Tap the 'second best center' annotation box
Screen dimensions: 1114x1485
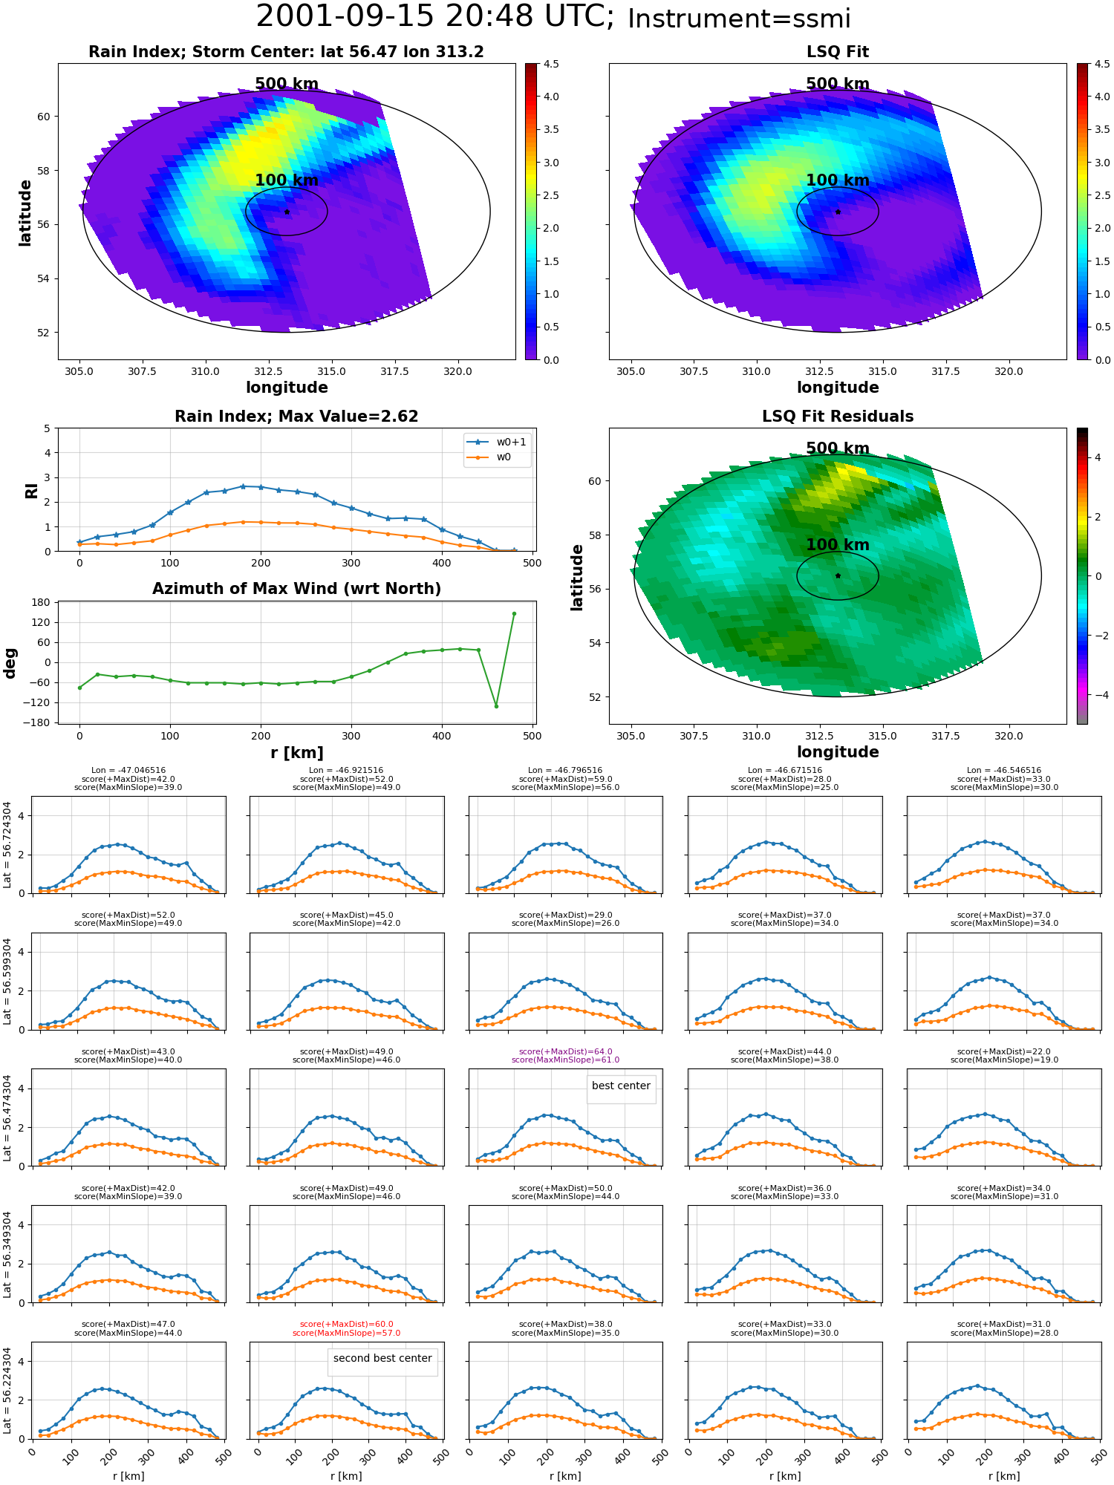pyautogui.click(x=382, y=1359)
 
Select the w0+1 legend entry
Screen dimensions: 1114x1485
pyautogui.click(x=497, y=442)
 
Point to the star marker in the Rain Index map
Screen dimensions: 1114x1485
pyautogui.click(x=287, y=212)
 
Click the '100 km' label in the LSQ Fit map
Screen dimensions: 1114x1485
pyautogui.click(x=838, y=180)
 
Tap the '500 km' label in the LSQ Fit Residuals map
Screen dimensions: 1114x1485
pyautogui.click(x=838, y=448)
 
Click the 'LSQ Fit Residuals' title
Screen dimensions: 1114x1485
pyautogui.click(x=838, y=417)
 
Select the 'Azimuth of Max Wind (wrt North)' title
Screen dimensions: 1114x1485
pyautogui.click(x=296, y=589)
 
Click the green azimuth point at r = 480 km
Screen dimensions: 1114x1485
pyautogui.click(x=514, y=614)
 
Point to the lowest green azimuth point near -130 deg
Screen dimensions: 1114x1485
pyautogui.click(x=496, y=706)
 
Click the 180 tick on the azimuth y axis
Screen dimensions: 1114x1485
pyautogui.click(x=41, y=602)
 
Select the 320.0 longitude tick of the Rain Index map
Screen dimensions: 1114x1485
pyautogui.click(x=457, y=371)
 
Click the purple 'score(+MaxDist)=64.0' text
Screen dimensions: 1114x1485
pyautogui.click(x=565, y=1051)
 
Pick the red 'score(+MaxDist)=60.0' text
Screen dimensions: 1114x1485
pyautogui.click(x=347, y=1324)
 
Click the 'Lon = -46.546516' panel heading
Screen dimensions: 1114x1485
pyautogui.click(x=1004, y=770)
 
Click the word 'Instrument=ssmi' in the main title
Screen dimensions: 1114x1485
pyautogui.click(x=739, y=19)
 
